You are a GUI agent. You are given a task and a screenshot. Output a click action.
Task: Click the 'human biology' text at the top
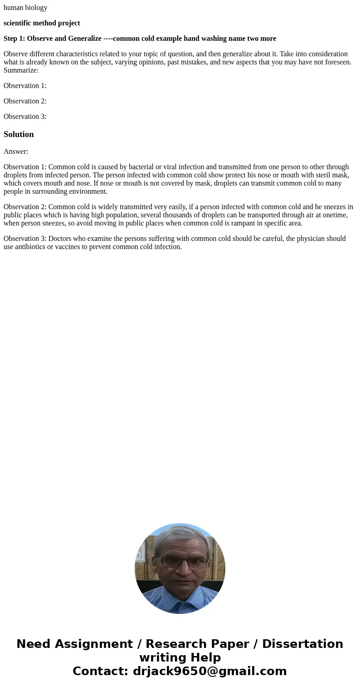pos(25,8)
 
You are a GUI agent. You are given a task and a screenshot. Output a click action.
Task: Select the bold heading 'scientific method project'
pos(42,23)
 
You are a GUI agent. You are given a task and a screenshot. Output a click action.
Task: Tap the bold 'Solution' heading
pos(19,134)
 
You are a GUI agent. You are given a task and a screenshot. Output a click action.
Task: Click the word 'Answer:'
pos(16,152)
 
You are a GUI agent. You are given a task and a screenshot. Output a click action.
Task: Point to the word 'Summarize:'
pos(21,70)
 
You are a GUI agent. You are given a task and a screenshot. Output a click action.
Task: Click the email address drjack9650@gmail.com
pos(209,671)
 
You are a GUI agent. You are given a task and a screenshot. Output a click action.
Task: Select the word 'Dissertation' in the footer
pos(302,644)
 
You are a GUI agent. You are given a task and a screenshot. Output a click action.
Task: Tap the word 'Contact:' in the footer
pos(100,671)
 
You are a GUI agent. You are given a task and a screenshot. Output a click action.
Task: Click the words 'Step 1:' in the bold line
pos(14,39)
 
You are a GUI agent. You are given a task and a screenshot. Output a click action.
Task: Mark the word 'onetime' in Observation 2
pos(335,215)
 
